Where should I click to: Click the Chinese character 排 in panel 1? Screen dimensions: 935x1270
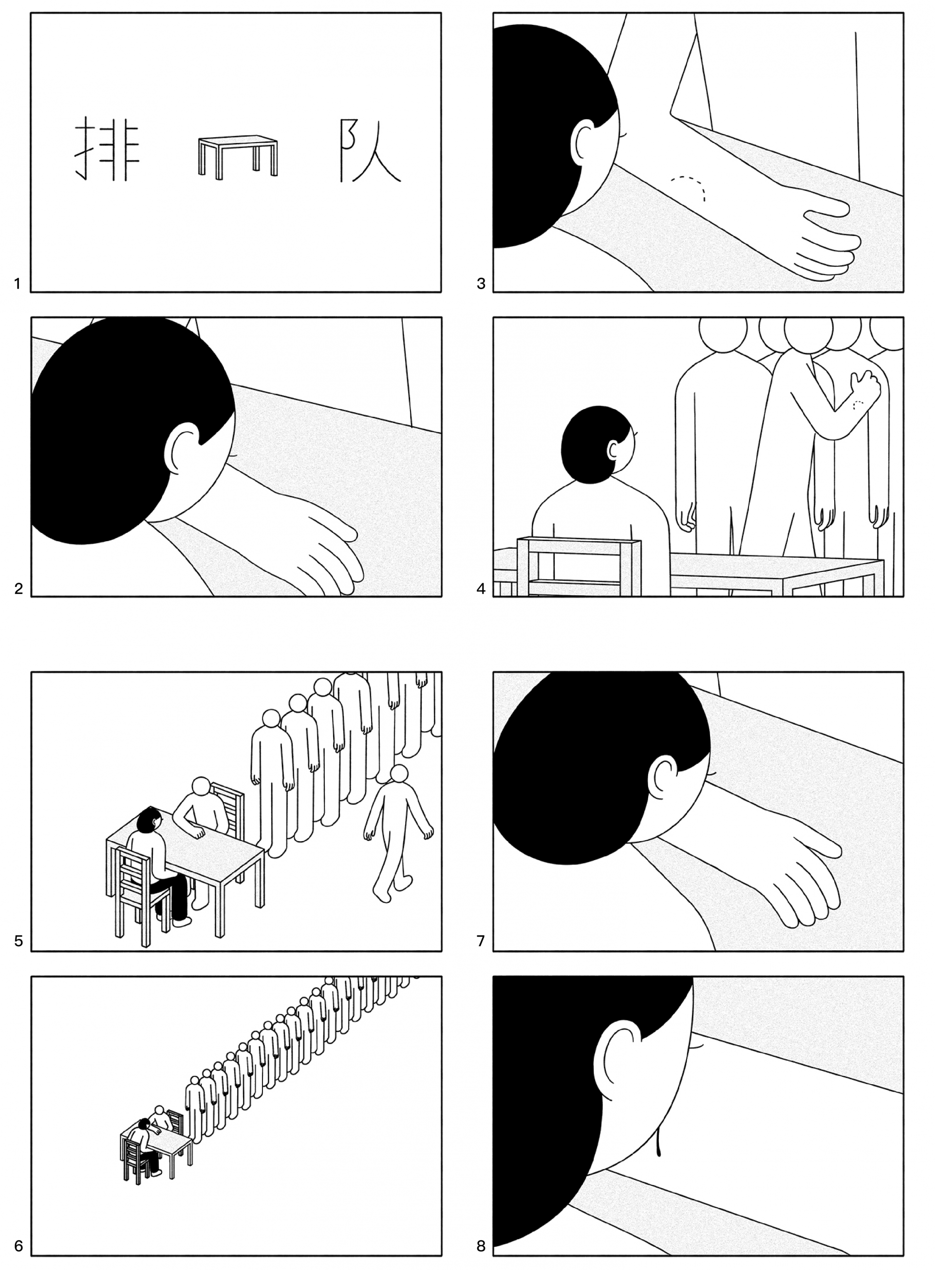point(108,149)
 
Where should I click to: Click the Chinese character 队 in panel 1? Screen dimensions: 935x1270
point(370,151)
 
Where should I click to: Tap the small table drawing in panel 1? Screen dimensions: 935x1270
point(238,156)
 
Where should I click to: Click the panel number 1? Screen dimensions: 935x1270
point(18,284)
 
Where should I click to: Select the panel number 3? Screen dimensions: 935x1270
point(481,284)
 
